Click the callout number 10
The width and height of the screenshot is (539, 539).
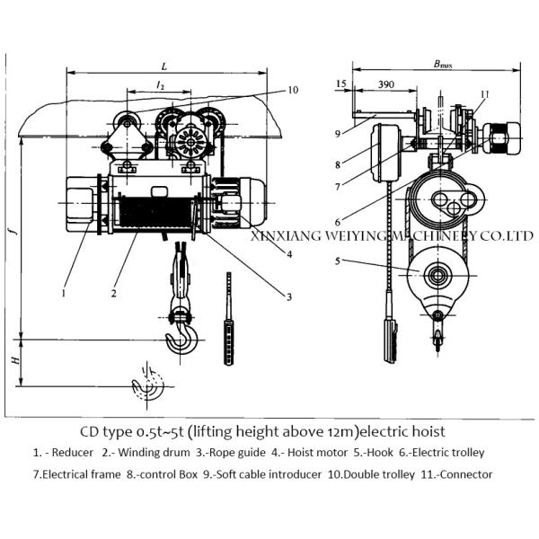click(293, 90)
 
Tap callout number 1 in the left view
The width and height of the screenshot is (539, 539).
click(64, 290)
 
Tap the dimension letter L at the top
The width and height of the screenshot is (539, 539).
click(163, 66)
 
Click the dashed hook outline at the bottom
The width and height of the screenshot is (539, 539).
click(148, 384)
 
